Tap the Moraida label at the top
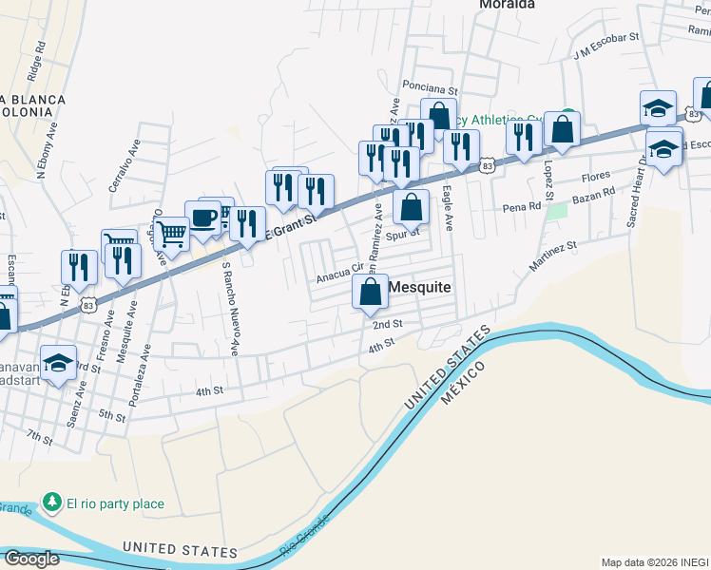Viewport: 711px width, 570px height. coord(507,5)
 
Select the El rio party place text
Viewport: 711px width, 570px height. coord(114,503)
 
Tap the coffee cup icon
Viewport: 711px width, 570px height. coord(202,218)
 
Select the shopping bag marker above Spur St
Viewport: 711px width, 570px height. coord(411,206)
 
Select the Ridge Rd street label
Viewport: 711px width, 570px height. coord(35,59)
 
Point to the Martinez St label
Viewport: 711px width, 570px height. coord(553,257)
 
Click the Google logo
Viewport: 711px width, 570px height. coord(31,559)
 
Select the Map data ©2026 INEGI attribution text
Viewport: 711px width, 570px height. coord(654,562)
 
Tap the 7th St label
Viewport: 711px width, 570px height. coord(40,436)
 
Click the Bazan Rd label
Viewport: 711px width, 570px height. coord(594,198)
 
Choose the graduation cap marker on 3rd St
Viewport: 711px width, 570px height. coord(58,364)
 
